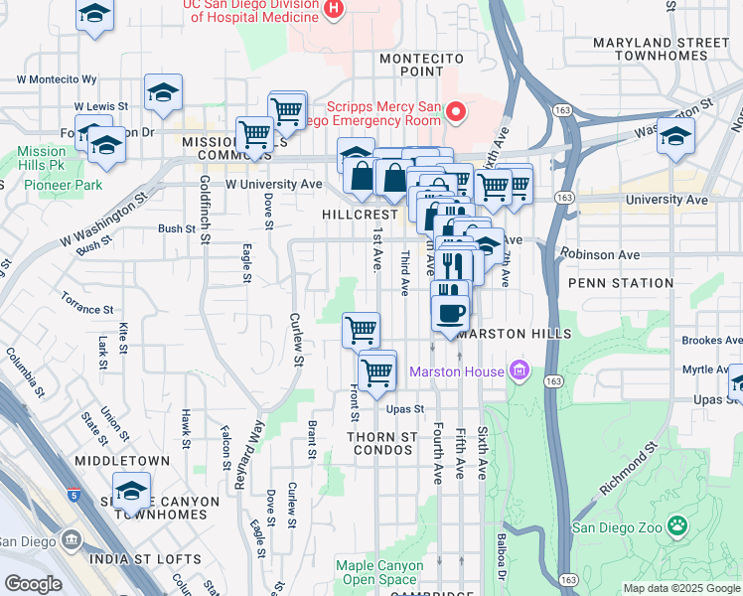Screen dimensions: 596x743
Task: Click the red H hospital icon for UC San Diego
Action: coord(333,9)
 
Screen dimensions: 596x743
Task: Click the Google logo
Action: coord(33,584)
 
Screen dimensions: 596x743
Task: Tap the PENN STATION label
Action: coord(621,283)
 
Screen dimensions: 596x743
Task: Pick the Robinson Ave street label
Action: coord(599,254)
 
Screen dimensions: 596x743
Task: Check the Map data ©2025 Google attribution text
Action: coord(680,588)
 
